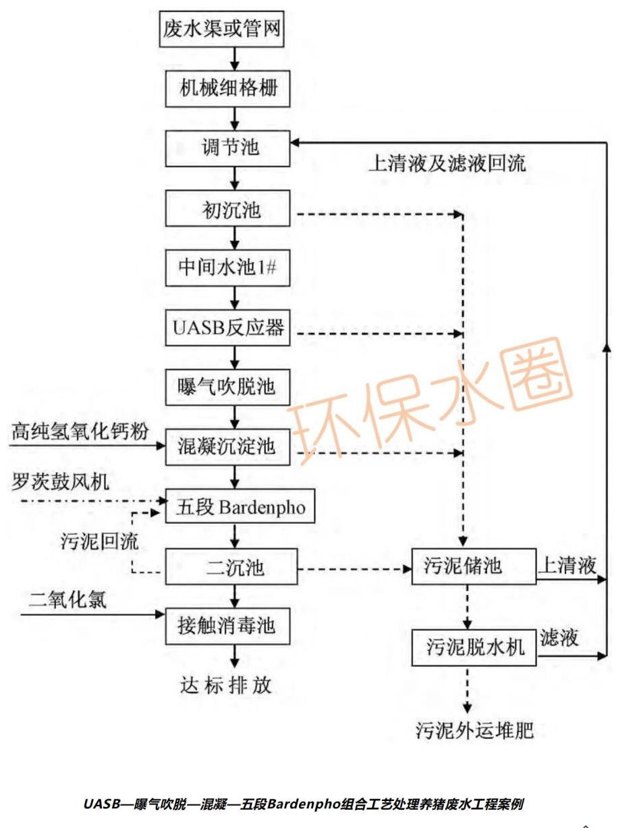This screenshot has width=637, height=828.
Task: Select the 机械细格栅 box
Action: pyautogui.click(x=228, y=89)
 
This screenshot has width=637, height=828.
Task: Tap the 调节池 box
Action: pyautogui.click(x=228, y=148)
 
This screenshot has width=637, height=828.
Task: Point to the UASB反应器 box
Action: pyautogui.click(x=228, y=329)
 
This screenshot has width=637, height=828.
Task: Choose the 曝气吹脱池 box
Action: pyautogui.click(x=228, y=387)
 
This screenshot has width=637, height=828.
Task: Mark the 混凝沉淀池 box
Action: pyautogui.click(x=228, y=447)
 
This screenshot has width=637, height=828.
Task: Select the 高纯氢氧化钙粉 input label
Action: pyautogui.click(x=80, y=432)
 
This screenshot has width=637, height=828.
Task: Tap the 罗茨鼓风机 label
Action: pyautogui.click(x=61, y=481)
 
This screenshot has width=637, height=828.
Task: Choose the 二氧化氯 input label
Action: pyautogui.click(x=67, y=599)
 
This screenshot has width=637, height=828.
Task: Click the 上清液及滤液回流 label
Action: pyautogui.click(x=446, y=163)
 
